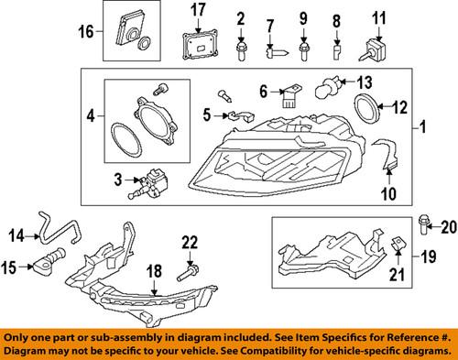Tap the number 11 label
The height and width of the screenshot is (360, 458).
378,18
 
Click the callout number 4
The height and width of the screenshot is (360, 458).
90,116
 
